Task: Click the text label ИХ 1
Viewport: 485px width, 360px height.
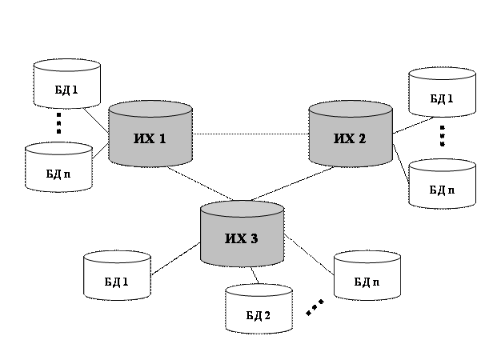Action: (150, 139)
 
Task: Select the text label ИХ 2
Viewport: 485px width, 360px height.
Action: (350, 139)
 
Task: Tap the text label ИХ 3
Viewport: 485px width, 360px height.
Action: (241, 238)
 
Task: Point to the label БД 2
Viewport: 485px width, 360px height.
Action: (258, 315)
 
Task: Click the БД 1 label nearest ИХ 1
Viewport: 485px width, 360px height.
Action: (66, 90)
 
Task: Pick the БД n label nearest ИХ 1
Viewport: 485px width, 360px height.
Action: (58, 174)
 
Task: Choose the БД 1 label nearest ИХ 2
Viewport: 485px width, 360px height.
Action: (442, 99)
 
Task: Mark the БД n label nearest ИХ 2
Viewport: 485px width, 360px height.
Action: (442, 190)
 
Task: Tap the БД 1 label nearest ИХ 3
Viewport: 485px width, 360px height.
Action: (117, 282)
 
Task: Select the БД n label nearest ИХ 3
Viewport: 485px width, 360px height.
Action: (367, 282)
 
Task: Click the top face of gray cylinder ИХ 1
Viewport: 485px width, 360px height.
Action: (150, 109)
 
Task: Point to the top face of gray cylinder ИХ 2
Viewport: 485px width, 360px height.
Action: (351, 109)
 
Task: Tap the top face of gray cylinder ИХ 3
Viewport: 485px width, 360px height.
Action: (242, 209)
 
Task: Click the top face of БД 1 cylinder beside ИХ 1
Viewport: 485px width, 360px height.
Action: (67, 66)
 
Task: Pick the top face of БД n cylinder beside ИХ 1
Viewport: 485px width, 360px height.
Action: (58, 150)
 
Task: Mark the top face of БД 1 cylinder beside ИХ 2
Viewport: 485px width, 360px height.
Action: (443, 74)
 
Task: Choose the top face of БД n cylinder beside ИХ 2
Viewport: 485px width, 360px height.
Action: (443, 166)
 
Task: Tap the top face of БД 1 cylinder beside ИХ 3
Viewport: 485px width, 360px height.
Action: (118, 258)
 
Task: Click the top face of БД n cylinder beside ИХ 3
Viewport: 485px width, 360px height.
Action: (367, 258)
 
